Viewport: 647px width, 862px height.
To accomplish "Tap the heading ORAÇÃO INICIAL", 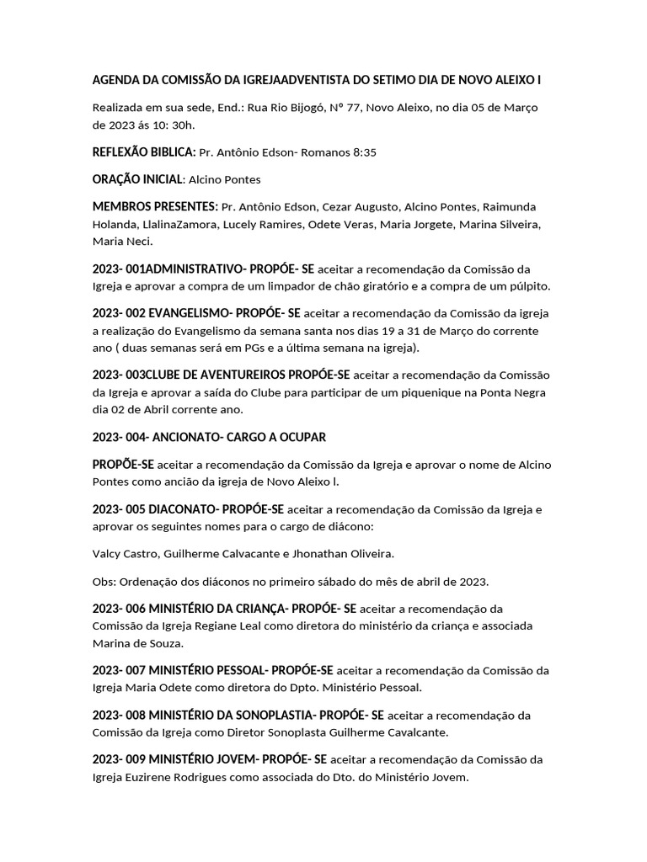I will point(137,179).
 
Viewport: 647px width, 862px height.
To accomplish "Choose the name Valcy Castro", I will point(129,553).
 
